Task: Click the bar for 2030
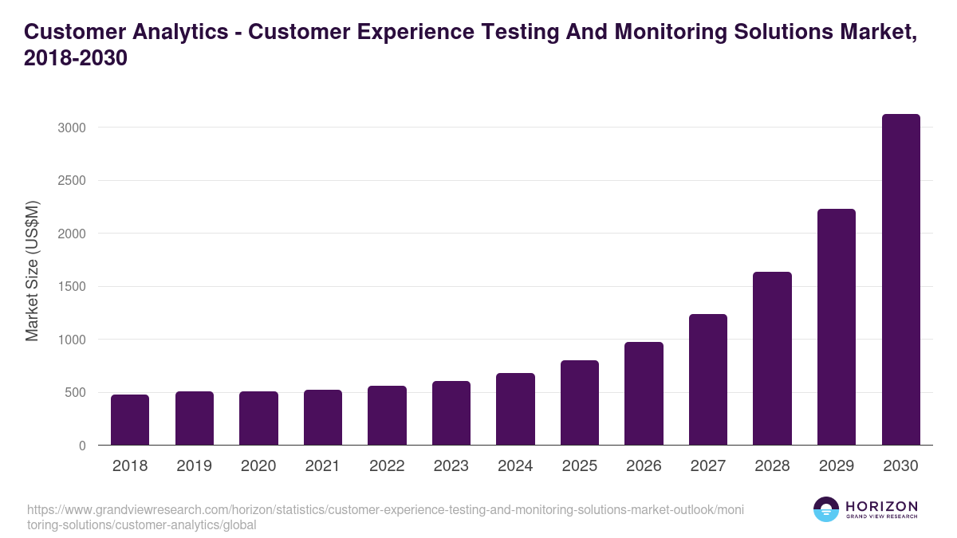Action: coord(901,280)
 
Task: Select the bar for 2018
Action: coord(130,420)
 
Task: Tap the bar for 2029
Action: coord(837,327)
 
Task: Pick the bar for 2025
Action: coord(580,403)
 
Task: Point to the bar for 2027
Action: coord(708,379)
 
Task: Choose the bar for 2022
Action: coord(387,415)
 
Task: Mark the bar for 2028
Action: coord(772,359)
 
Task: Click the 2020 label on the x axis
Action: coord(258,466)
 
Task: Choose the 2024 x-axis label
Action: coord(515,466)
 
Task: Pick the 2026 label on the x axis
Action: coord(644,466)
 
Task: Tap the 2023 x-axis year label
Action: coord(451,466)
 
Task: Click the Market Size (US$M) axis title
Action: coord(32,271)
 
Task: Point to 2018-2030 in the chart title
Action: coord(76,59)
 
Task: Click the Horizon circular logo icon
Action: coord(826,509)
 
